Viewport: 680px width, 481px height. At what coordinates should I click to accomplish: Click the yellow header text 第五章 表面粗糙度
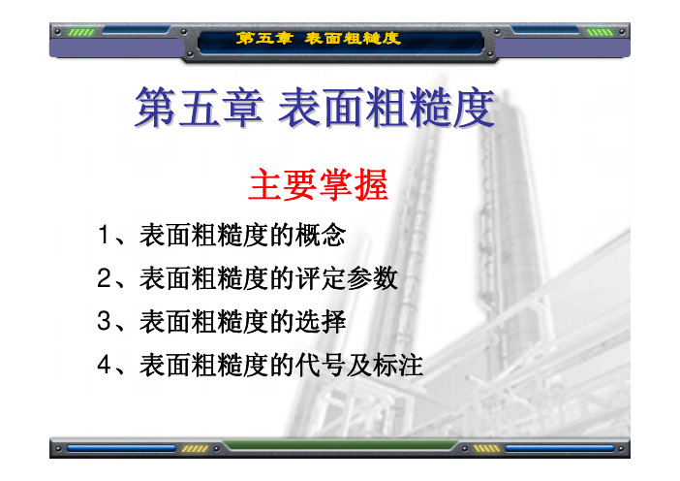click(x=318, y=39)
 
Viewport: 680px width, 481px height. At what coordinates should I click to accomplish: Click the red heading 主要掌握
click(x=319, y=184)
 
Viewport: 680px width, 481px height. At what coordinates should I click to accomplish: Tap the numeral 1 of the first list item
click(x=104, y=235)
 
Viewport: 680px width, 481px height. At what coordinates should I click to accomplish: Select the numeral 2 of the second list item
click(x=105, y=277)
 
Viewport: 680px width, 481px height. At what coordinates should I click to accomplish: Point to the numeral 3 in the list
click(x=105, y=321)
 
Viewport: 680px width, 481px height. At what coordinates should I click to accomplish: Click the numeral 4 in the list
click(x=105, y=365)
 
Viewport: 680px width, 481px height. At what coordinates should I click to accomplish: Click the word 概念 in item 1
click(x=321, y=235)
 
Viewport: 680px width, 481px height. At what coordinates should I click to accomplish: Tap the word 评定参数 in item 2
click(x=347, y=278)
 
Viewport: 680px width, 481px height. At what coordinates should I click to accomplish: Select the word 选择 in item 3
click(x=321, y=322)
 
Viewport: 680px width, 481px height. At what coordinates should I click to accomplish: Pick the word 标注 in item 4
click(x=398, y=365)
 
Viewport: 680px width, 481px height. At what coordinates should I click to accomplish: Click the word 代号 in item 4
click(x=321, y=365)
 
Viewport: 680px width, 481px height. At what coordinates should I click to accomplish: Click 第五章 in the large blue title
click(x=199, y=108)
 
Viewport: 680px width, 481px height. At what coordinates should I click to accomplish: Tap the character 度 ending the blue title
click(x=473, y=108)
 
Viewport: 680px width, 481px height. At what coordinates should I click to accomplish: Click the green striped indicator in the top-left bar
click(x=81, y=32)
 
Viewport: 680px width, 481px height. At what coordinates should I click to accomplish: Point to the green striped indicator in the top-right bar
click(x=600, y=32)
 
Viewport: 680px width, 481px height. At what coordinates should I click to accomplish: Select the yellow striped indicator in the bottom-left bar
click(x=195, y=448)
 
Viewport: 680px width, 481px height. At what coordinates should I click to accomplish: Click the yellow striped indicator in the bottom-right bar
click(x=485, y=448)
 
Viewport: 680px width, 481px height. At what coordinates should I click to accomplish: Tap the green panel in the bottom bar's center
click(x=340, y=445)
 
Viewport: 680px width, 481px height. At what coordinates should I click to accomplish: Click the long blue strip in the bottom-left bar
click(x=121, y=448)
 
